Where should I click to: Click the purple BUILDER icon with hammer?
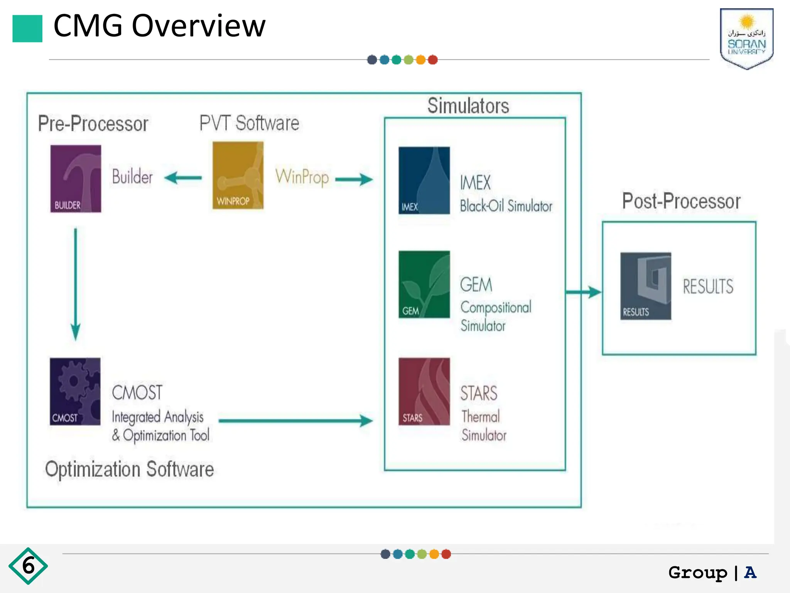coord(76,178)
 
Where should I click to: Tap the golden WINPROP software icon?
coord(238,175)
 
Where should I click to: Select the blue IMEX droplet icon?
coord(424,180)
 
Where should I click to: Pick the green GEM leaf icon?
coord(424,285)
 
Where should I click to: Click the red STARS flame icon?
coord(424,391)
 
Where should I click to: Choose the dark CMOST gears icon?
coord(75,391)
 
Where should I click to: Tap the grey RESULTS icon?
coord(645,286)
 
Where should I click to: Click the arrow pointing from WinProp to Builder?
coord(183,178)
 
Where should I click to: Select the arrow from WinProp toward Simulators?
coord(354,179)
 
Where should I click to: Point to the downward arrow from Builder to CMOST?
coord(76,284)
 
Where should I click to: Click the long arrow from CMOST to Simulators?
coord(295,420)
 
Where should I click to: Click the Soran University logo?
coord(746,39)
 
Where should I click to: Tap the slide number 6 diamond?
coord(28,566)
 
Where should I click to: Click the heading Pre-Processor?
coord(93,124)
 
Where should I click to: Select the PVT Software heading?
coord(249,123)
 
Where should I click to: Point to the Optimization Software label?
coord(129,469)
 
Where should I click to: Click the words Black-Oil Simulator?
coord(506,206)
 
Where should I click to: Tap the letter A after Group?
coord(750,573)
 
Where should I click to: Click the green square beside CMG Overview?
coord(27,29)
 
